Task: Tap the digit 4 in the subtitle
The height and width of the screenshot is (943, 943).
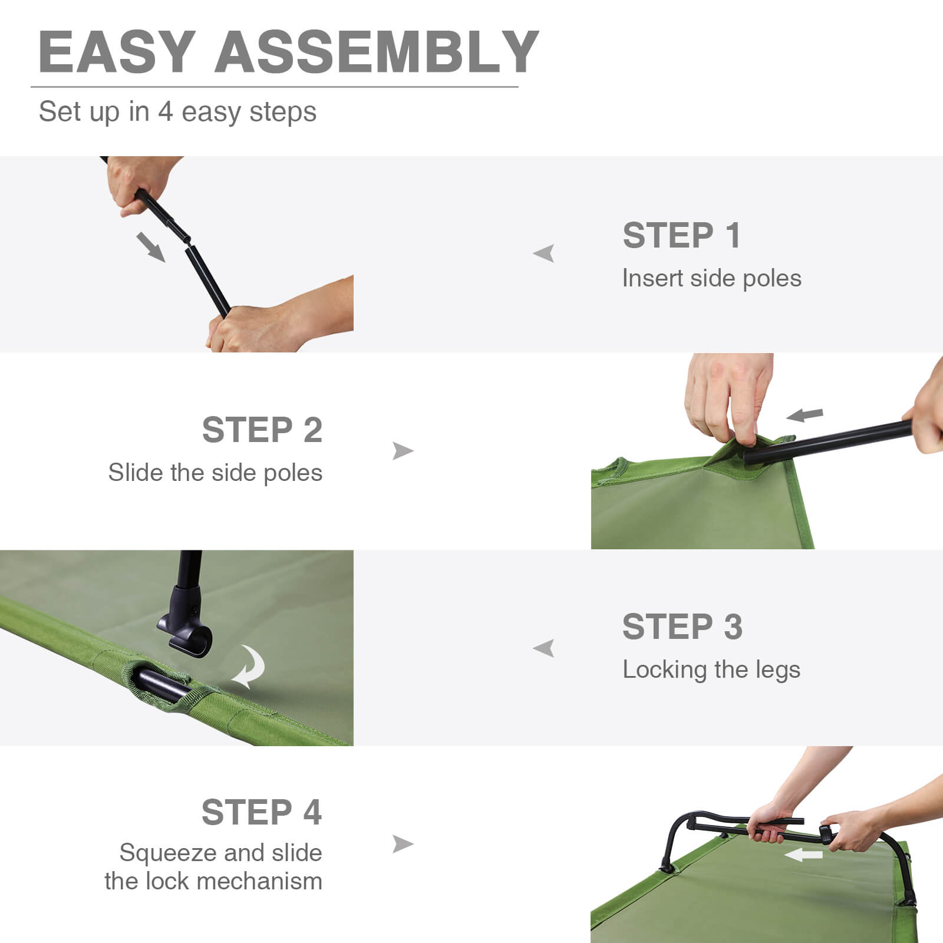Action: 164,112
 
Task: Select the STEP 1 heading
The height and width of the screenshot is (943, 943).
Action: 681,236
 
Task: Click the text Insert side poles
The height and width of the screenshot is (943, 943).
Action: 711,278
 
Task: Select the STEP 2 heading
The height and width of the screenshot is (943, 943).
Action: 262,430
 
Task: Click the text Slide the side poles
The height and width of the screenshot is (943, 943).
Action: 215,473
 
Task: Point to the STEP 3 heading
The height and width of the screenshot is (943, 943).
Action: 682,627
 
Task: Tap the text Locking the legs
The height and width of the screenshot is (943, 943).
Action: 711,670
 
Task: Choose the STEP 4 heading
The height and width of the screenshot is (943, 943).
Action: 262,812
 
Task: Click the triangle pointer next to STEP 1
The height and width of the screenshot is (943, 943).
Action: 544,253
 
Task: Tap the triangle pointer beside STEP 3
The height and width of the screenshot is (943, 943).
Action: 544,648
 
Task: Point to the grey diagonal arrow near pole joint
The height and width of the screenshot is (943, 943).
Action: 151,246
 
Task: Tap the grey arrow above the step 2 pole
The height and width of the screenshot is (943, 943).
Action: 805,415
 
